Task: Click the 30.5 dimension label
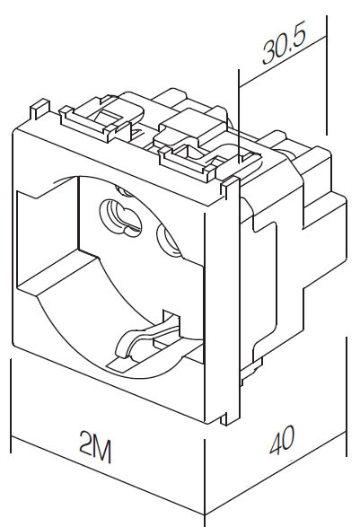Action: pos(284,44)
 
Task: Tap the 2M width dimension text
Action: pos(95,446)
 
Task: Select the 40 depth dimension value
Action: pos(282,439)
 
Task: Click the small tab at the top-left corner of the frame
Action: pos(40,110)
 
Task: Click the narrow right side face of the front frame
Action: pos(223,303)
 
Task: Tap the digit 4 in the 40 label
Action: pos(276,443)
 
